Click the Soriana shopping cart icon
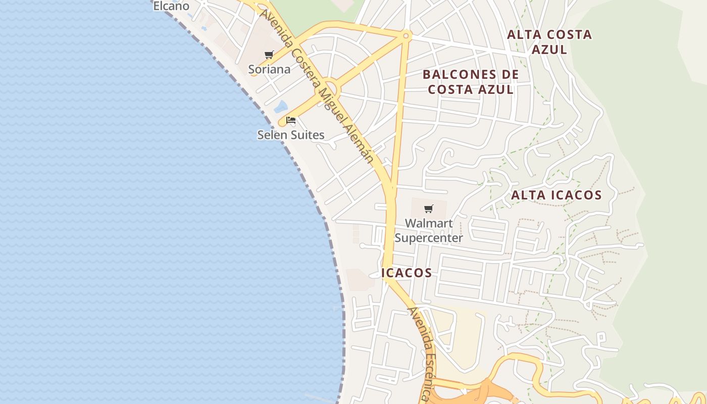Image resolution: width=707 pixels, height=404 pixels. (x=269, y=55)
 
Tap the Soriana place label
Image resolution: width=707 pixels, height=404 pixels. (x=269, y=69)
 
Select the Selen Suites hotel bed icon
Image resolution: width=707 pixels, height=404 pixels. (x=291, y=120)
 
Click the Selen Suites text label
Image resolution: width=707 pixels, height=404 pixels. (x=291, y=135)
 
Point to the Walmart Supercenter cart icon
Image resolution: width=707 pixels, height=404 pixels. (x=429, y=209)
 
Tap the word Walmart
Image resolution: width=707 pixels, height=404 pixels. (x=429, y=223)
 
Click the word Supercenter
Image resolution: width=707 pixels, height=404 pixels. (x=429, y=238)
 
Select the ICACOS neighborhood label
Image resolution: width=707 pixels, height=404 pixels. (x=407, y=273)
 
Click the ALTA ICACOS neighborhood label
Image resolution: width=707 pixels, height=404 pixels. (x=557, y=195)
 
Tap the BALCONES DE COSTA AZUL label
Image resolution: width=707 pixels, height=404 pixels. (x=471, y=82)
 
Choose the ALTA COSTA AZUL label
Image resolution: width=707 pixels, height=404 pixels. (x=549, y=42)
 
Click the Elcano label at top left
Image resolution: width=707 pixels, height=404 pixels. (x=171, y=6)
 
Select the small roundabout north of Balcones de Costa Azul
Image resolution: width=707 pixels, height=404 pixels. (x=406, y=35)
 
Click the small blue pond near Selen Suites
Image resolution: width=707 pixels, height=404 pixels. (x=281, y=107)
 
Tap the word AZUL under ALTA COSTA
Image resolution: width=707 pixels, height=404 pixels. (x=549, y=49)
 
